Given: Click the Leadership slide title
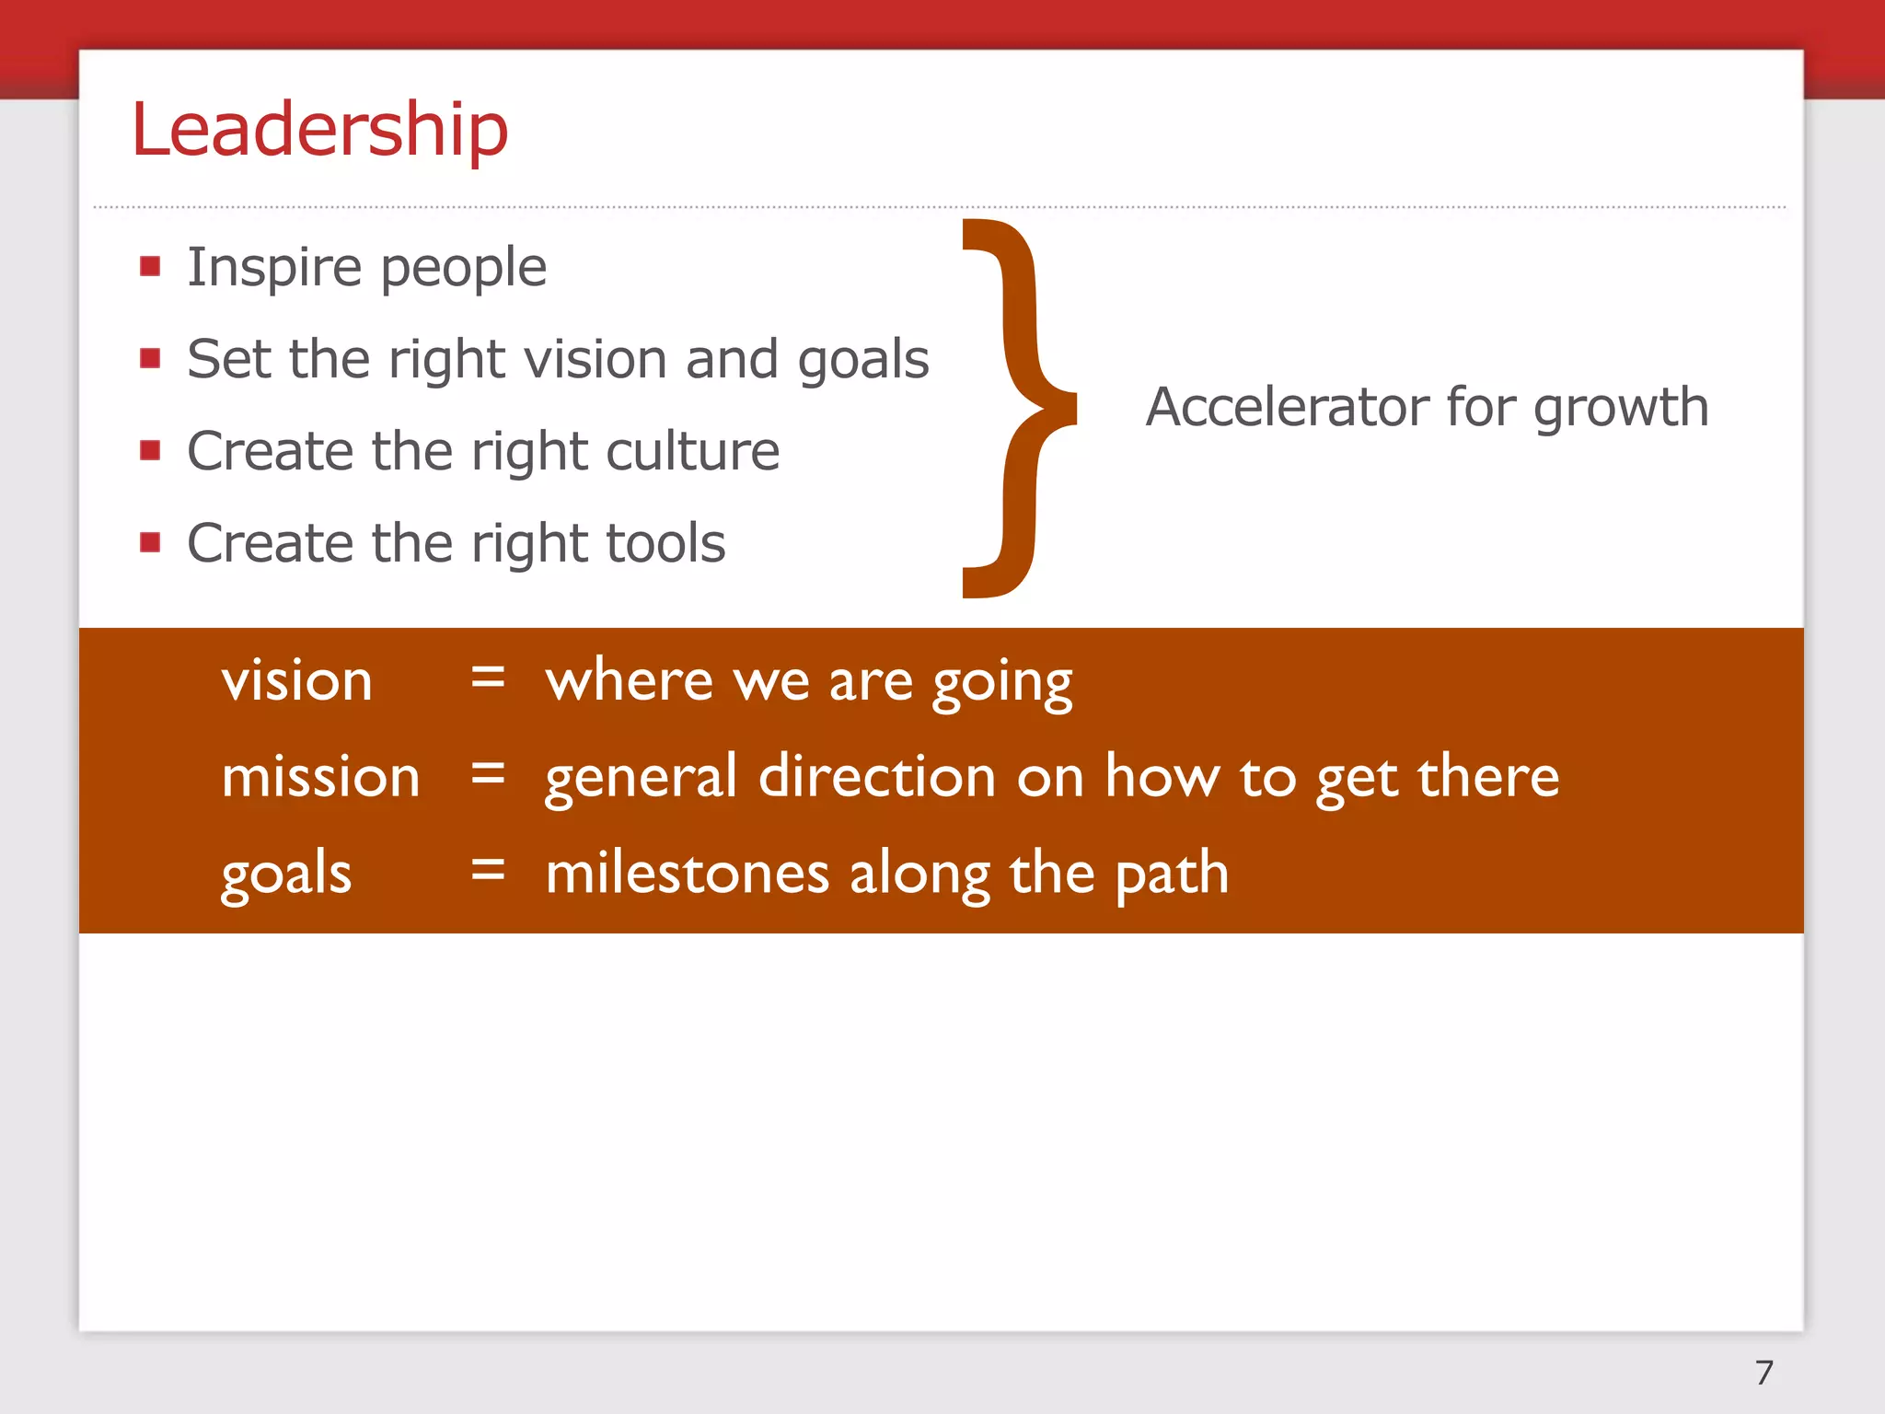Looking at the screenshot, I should (x=319, y=130).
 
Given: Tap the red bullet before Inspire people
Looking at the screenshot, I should (x=151, y=267).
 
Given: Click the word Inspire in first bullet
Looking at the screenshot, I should (x=274, y=269).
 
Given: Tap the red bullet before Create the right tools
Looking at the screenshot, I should (x=151, y=542).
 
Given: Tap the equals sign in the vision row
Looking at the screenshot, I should (x=488, y=679).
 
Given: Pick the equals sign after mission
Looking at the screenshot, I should (x=488, y=775).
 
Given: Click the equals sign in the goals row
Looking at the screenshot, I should (x=488, y=871).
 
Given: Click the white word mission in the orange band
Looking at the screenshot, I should (x=320, y=776).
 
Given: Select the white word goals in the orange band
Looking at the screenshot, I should (x=286, y=874).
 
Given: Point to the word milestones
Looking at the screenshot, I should (x=688, y=873).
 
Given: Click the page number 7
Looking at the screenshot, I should (x=1764, y=1373).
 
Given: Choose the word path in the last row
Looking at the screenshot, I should (x=1172, y=874).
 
